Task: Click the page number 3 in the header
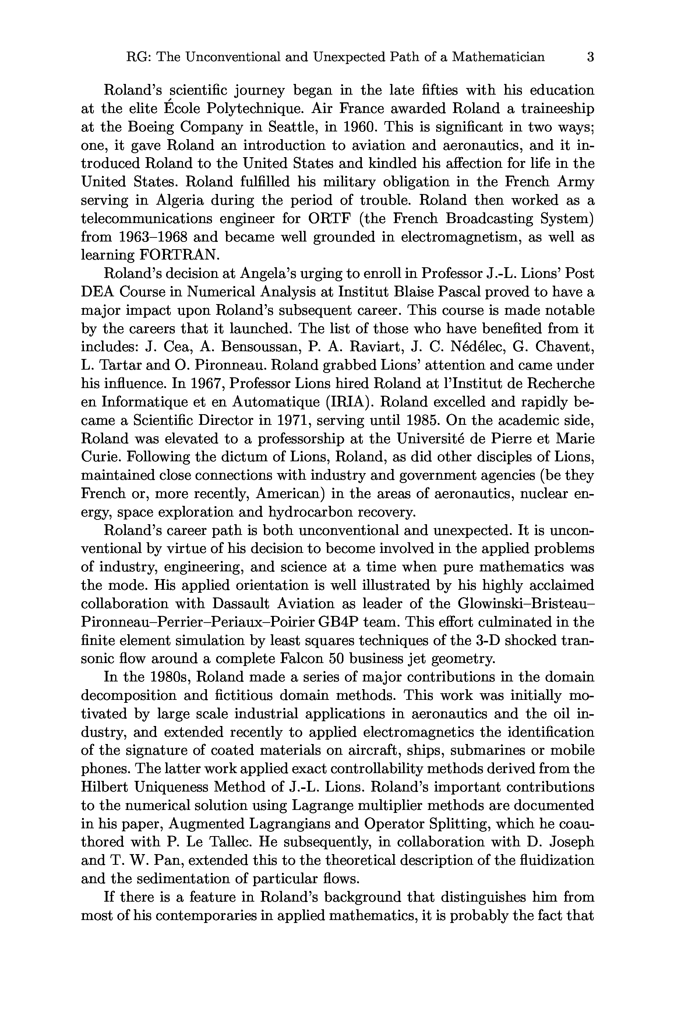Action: (590, 57)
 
